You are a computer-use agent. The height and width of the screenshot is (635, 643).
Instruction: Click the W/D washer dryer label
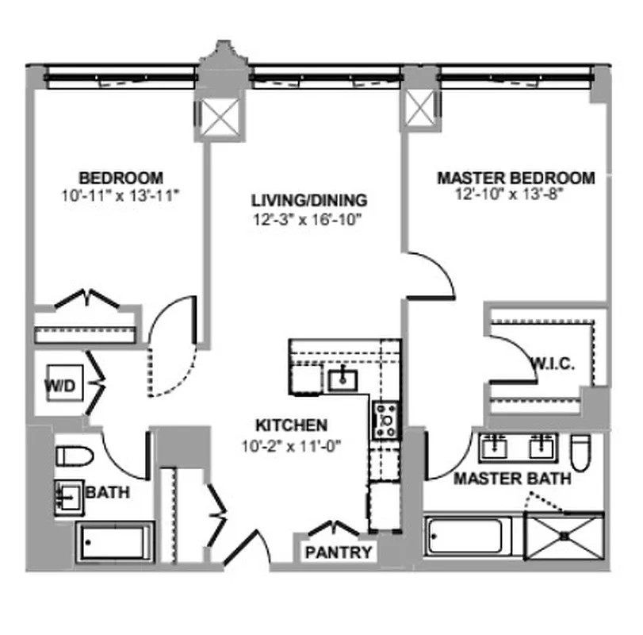tap(59, 387)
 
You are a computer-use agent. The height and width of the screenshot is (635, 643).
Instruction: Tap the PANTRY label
tap(338, 552)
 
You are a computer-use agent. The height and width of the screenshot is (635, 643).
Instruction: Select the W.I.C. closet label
tap(552, 364)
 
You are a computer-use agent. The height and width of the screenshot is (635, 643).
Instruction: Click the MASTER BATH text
tap(511, 479)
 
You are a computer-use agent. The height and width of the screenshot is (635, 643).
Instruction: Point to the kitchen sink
tap(343, 379)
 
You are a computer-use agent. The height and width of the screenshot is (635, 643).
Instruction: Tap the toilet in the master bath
tap(580, 452)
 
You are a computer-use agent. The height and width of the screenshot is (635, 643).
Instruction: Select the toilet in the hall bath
tap(74, 456)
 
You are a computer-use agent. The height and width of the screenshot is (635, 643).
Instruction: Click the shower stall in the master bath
tap(565, 537)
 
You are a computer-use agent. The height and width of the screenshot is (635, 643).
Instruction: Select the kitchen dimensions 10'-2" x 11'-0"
tap(291, 445)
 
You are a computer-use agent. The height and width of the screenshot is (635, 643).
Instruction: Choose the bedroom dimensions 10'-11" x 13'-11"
tap(121, 195)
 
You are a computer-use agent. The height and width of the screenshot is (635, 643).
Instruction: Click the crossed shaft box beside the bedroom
tap(218, 118)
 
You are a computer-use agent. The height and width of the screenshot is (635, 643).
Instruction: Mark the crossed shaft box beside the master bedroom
tap(420, 108)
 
